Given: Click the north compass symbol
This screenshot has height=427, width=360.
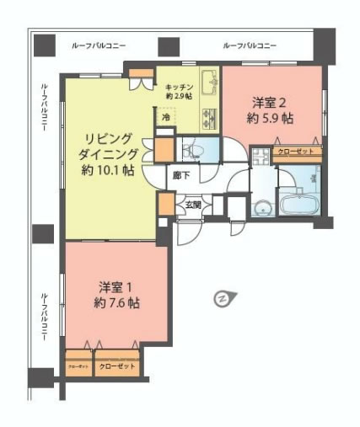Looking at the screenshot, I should (x=223, y=297).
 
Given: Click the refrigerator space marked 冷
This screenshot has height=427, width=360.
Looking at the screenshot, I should (x=165, y=119).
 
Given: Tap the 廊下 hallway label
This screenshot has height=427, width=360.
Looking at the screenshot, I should (x=180, y=176).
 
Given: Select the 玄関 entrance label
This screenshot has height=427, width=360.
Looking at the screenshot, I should (x=193, y=205).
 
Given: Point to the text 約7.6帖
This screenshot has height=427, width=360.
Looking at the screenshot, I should (x=112, y=302).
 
